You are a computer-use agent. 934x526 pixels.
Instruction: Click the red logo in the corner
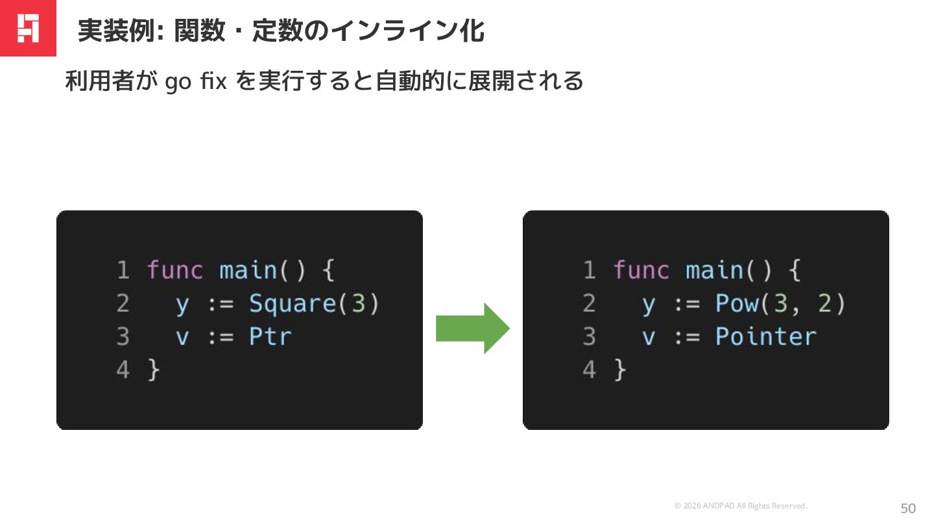click(x=28, y=28)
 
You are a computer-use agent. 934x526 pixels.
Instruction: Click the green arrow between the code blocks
click(x=472, y=328)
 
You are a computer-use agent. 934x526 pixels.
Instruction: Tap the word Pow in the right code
click(x=737, y=303)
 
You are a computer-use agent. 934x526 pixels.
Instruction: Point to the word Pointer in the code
click(x=765, y=336)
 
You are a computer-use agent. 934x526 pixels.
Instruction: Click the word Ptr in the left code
click(x=270, y=336)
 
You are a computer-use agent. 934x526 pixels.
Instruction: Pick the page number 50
click(x=908, y=508)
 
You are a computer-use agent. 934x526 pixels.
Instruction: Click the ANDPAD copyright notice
click(x=741, y=506)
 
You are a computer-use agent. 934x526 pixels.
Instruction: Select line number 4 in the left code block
click(x=123, y=370)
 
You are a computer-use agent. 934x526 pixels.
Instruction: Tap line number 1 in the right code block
click(x=589, y=270)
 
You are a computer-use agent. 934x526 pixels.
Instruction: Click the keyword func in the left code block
click(x=175, y=270)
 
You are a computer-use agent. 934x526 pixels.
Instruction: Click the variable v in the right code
click(x=648, y=337)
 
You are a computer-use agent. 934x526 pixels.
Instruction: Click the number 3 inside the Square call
click(x=358, y=303)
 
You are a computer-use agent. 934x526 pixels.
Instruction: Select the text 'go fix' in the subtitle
click(x=196, y=82)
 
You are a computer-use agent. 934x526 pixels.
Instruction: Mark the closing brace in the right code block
click(x=620, y=370)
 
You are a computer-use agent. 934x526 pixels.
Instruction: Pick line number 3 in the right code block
click(x=589, y=336)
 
